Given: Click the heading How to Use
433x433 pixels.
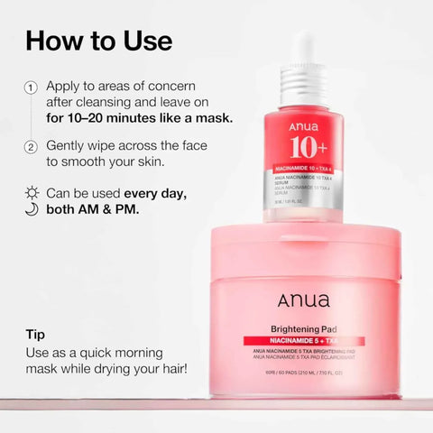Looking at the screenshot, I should coord(99,40).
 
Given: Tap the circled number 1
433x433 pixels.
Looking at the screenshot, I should coord(31,87).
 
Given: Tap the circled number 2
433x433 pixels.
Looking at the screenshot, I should coord(31,146).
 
